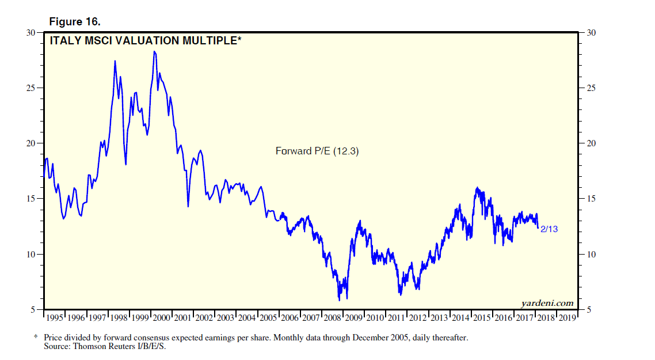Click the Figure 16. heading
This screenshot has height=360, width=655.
pos(75,22)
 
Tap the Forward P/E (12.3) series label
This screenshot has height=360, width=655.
pos(317,151)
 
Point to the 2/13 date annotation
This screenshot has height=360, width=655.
pos(549,229)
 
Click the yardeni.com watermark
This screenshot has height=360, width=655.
pos(547,303)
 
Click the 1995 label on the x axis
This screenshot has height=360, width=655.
pos(55,317)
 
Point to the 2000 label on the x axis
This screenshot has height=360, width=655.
pos(161,317)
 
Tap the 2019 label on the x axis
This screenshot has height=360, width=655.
pos(566,317)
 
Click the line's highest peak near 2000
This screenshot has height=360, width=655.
pos(154,52)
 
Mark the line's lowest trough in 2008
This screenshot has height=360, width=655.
pos(339,300)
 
